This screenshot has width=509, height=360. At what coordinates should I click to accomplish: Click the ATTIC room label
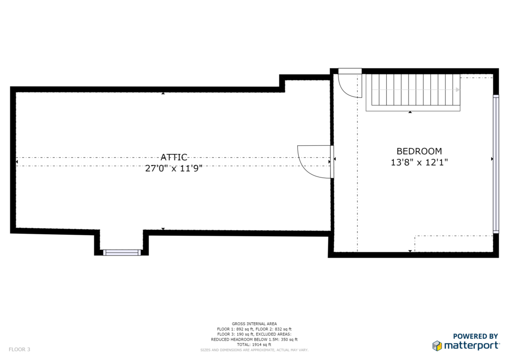(174, 158)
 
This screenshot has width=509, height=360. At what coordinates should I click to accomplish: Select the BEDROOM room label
(419, 151)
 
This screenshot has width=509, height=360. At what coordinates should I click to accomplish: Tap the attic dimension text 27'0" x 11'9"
(173, 168)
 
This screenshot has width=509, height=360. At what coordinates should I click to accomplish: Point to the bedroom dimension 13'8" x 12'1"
(419, 162)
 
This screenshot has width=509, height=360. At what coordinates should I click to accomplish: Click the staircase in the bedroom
(413, 92)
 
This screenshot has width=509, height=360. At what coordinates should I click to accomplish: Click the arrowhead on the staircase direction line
(458, 90)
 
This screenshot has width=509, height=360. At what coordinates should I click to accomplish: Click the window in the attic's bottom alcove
(122, 253)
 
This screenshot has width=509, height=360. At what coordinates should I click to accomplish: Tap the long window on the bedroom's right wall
(496, 164)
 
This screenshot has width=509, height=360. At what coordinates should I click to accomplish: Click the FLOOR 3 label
(19, 349)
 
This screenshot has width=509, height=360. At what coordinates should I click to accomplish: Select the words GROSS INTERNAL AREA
(254, 324)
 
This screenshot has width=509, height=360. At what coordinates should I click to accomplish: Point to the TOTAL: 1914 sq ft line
(254, 345)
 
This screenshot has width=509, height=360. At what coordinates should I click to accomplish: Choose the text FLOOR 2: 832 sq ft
(274, 329)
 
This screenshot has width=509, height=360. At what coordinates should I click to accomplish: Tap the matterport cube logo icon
(437, 346)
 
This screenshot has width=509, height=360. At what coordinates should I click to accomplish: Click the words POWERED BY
(476, 336)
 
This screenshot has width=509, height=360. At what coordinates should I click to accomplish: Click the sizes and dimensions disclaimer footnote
(254, 350)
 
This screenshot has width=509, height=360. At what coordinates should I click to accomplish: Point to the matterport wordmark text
(472, 346)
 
